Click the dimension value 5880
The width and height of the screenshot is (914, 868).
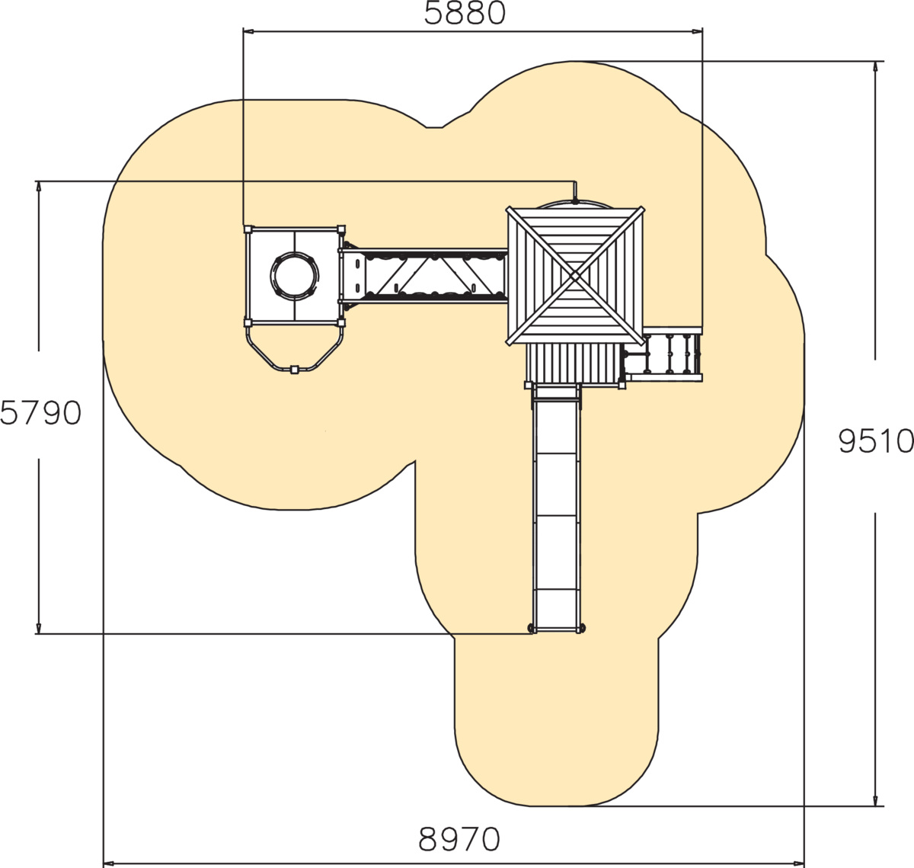point(465,14)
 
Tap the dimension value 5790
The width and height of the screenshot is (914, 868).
point(41,413)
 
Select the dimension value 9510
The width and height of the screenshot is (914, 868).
point(876,441)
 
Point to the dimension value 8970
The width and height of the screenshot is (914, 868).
point(459,840)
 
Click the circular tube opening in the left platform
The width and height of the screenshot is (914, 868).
point(294,276)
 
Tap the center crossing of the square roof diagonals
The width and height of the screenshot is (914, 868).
point(575,277)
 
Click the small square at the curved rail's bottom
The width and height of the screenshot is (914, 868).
point(294,370)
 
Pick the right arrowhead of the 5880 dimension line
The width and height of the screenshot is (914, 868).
point(697,32)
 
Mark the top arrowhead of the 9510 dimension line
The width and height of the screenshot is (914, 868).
point(875,66)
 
